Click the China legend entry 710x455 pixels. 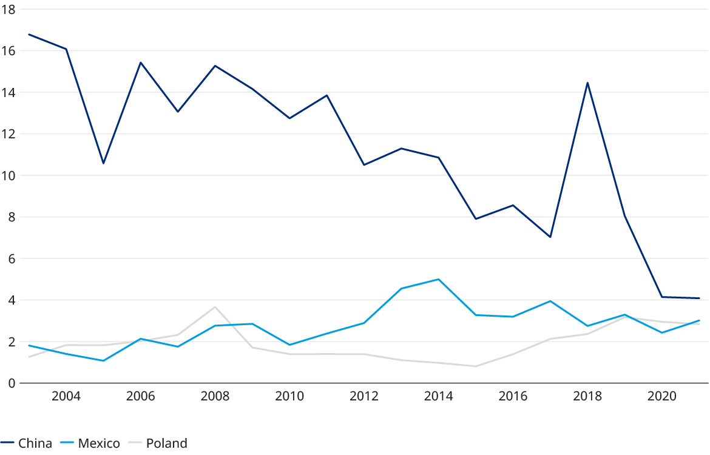[x=27, y=443]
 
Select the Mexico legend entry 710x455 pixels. [x=90, y=443]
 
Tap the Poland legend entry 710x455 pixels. [x=158, y=443]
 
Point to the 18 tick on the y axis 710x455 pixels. [x=8, y=10]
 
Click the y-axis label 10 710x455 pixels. [x=8, y=175]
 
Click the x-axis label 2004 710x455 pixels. [x=66, y=397]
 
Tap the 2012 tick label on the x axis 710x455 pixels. [x=364, y=397]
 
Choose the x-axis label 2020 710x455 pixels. [x=662, y=397]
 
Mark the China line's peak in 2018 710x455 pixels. [x=587, y=83]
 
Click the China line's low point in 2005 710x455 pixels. [x=103, y=163]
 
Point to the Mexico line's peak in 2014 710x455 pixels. [x=438, y=279]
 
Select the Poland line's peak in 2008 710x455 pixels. [x=215, y=307]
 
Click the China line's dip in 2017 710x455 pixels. [x=550, y=237]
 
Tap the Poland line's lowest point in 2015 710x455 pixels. [x=476, y=366]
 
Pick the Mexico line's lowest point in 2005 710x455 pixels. [x=103, y=361]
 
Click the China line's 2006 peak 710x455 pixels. [x=140, y=62]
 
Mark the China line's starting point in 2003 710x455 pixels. [x=29, y=34]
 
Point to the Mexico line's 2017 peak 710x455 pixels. [x=550, y=301]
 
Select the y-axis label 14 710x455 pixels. [x=8, y=93]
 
